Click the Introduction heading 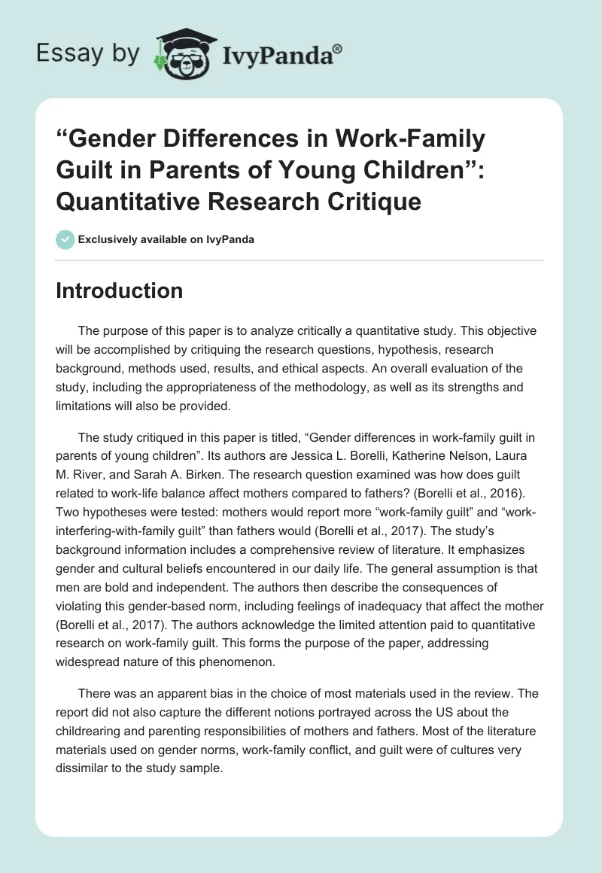119,290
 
